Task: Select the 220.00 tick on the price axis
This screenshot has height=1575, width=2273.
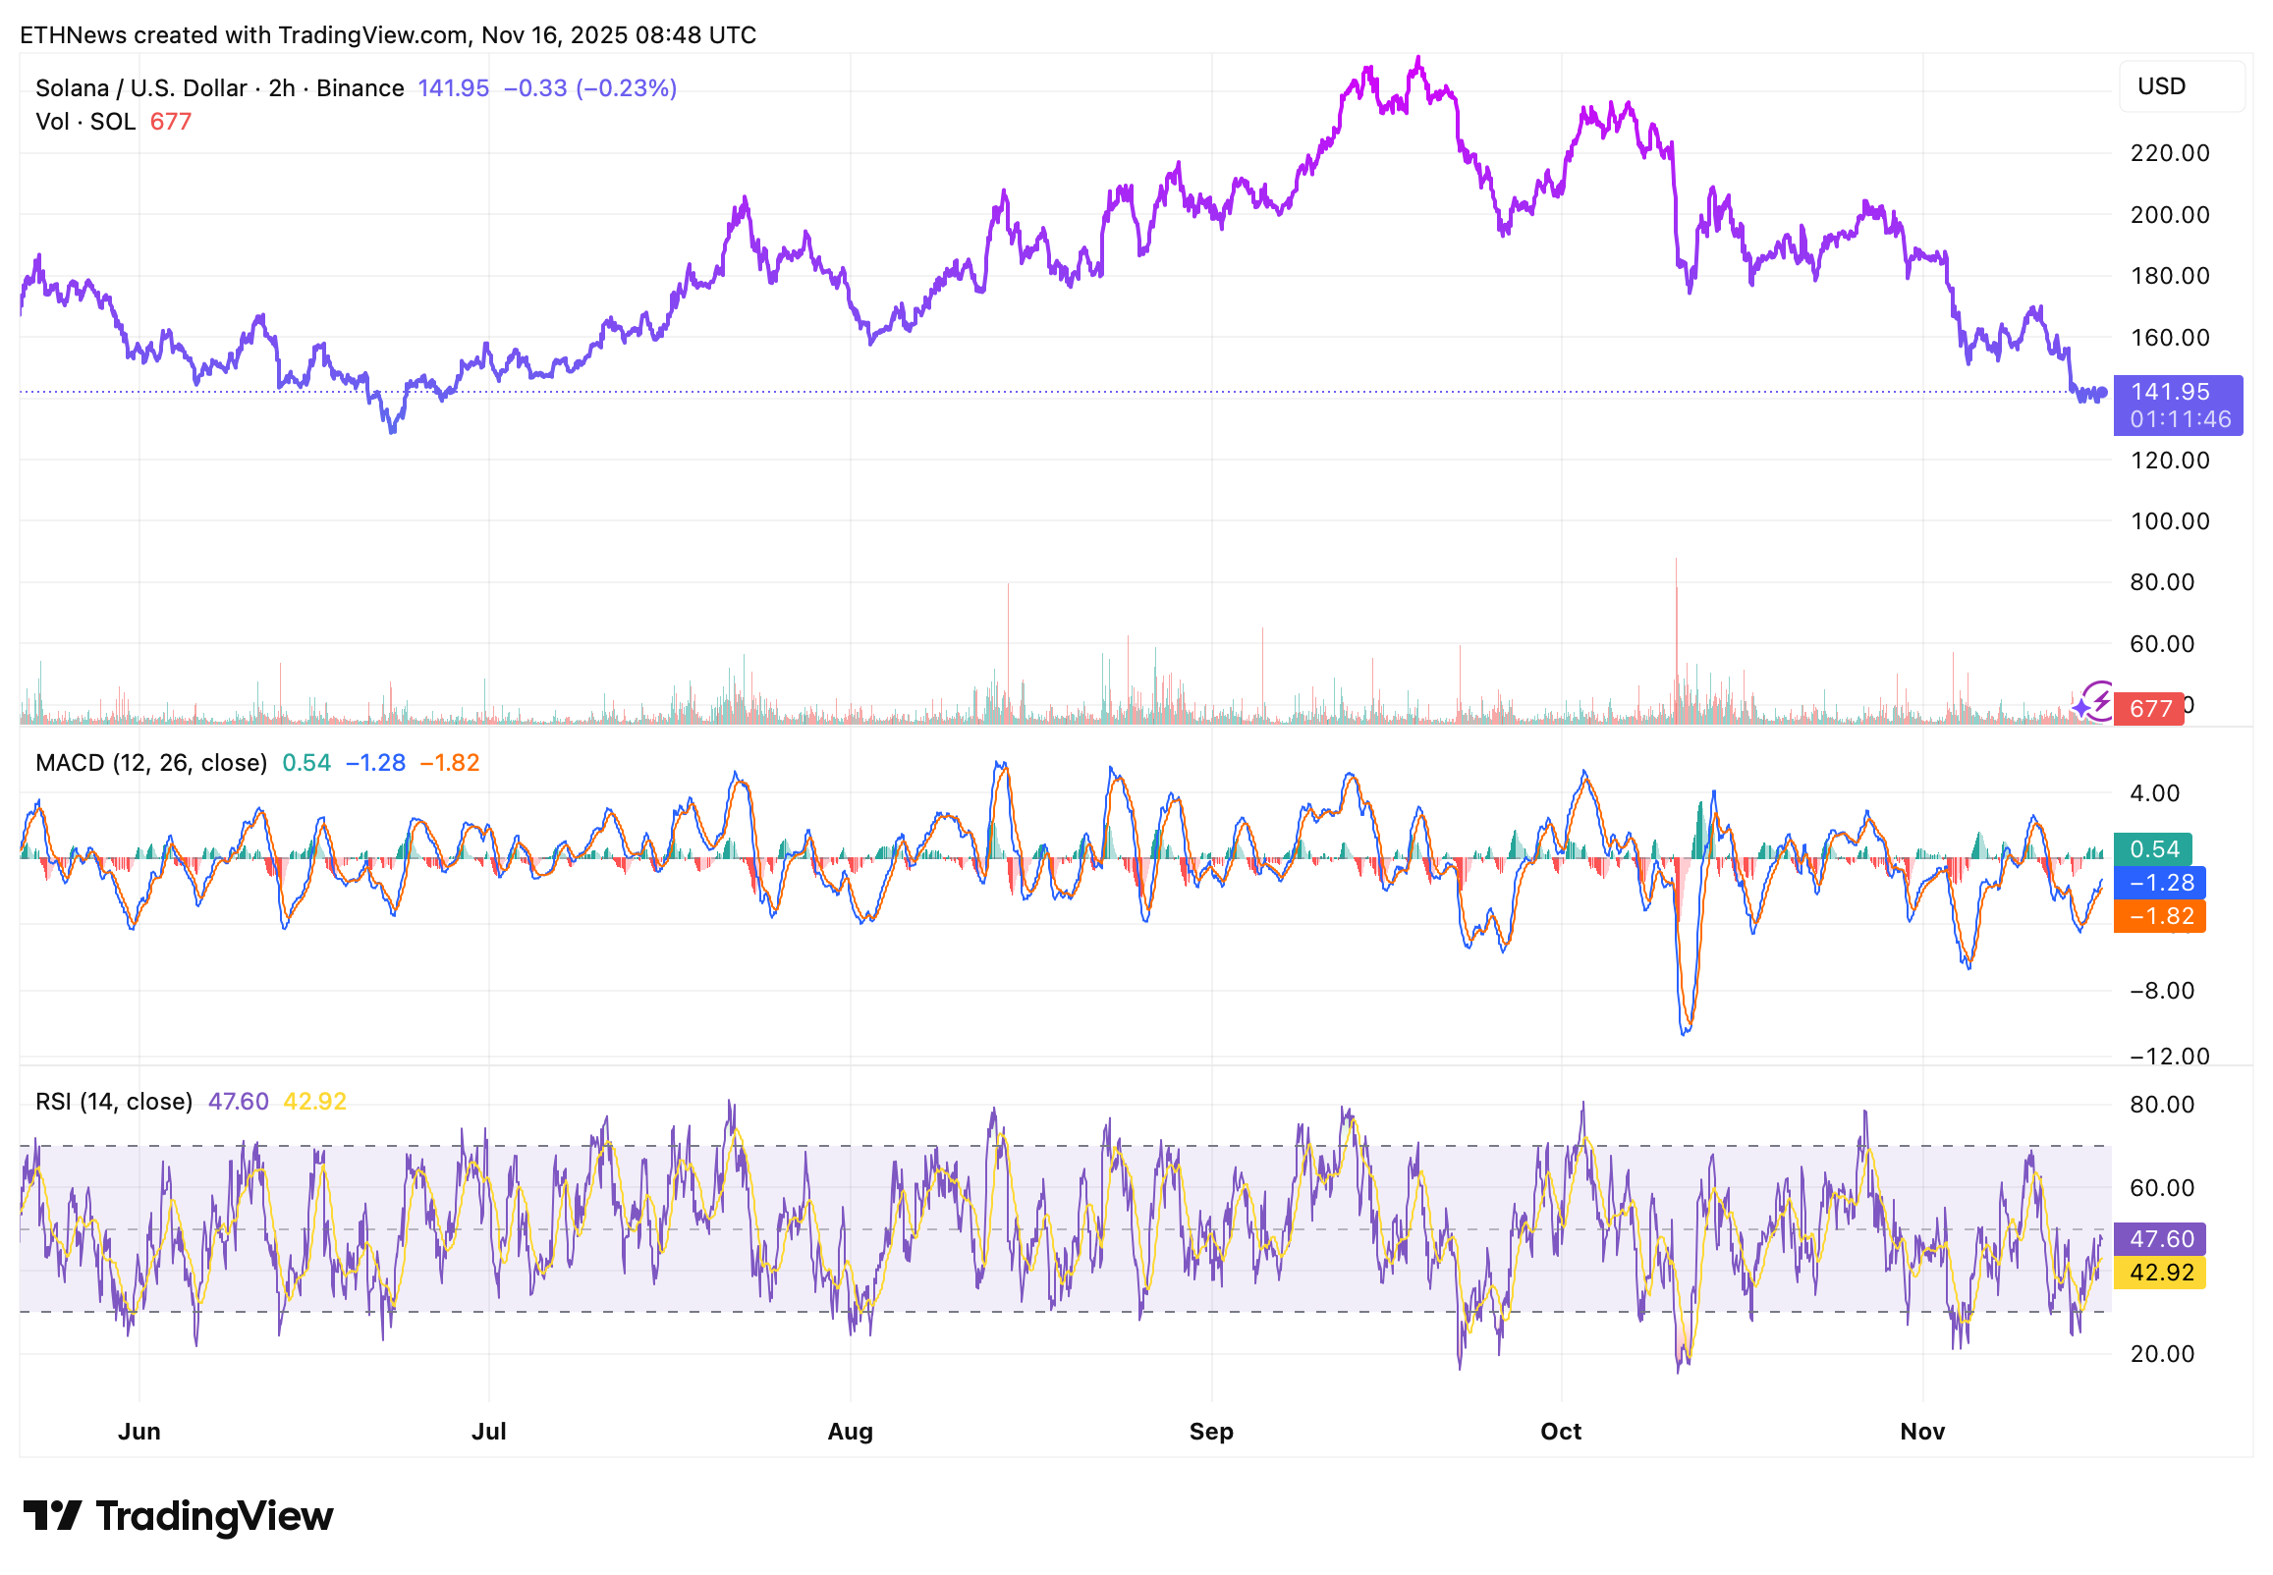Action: (x=2168, y=153)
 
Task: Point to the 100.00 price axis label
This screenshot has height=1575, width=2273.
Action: (x=2168, y=521)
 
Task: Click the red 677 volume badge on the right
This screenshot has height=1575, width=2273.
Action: (x=2149, y=709)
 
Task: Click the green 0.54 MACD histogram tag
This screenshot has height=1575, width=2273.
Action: (x=2152, y=849)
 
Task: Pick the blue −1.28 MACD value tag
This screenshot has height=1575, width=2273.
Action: (x=2158, y=883)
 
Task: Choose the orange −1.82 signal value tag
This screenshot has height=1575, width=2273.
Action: (x=2158, y=917)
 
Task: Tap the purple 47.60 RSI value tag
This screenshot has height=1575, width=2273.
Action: (x=2158, y=1239)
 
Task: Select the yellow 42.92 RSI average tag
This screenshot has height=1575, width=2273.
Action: (x=2158, y=1273)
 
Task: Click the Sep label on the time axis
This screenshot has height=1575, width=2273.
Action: (x=1211, y=1432)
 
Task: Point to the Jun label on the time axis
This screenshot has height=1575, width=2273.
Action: (x=139, y=1432)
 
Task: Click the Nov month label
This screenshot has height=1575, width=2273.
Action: (x=1921, y=1432)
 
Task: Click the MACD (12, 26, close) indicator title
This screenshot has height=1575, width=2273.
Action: (x=151, y=763)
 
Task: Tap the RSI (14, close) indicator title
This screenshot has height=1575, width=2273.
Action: (x=114, y=1102)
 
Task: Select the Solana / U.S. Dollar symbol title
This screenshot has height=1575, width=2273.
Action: (x=141, y=87)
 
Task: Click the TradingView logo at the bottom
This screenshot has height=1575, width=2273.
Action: (x=178, y=1517)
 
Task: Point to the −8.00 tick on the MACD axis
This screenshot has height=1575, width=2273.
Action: (x=2160, y=991)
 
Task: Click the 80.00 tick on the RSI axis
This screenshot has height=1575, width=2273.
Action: (x=2160, y=1105)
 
